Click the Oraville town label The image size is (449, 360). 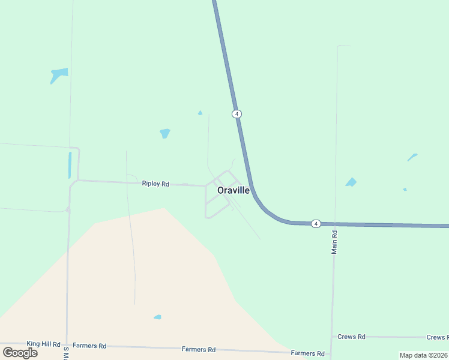point(234,190)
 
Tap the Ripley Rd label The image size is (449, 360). point(155,184)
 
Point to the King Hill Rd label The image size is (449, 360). point(43,344)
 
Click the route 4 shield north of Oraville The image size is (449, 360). point(237,114)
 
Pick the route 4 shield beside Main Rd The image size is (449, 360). point(316,224)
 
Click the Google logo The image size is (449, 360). point(20,352)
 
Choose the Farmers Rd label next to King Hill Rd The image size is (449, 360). point(89,346)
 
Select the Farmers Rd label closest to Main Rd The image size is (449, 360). point(307,353)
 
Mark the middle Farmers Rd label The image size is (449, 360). point(199,349)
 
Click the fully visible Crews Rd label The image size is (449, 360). point(351,337)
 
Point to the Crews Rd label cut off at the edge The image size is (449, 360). point(437,338)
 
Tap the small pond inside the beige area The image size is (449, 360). point(157,317)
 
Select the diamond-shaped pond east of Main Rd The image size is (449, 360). point(351,182)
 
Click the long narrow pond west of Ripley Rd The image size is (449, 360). point(70,165)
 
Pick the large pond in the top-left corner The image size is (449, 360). point(59,74)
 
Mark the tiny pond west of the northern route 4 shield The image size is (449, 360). point(200,113)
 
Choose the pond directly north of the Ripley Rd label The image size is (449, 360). point(165,133)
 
